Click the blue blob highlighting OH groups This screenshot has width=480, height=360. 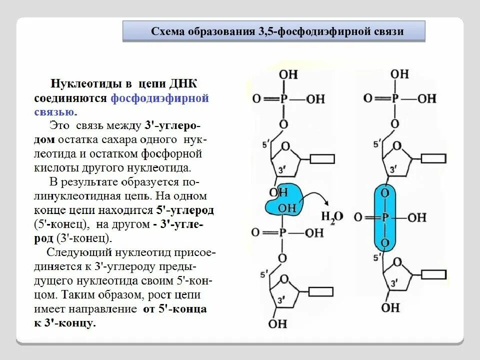pos(283,200)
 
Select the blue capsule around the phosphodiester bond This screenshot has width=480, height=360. pos(384,218)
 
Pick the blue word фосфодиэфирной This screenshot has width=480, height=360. pos(159,97)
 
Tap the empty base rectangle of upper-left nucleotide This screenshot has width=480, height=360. pos(322,159)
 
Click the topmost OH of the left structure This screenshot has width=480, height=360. pos(288,74)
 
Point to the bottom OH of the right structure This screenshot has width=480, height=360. pos(390,306)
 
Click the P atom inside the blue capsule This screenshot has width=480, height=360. pos(385,217)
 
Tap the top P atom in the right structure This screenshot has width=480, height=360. pos(394,98)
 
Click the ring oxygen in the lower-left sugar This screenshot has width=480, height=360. pos(285,279)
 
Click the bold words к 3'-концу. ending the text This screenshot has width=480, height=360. pos(64,323)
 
